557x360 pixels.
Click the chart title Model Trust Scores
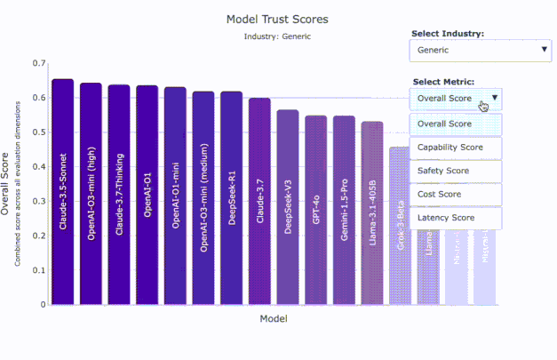[x=277, y=19]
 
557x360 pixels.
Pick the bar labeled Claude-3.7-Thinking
[x=119, y=195]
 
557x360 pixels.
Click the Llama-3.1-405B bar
[x=372, y=212]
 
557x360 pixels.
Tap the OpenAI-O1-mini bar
[x=175, y=196]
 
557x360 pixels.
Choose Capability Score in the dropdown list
[x=456, y=148]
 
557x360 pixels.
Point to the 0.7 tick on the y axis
[x=37, y=64]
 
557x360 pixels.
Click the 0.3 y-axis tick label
[x=37, y=201]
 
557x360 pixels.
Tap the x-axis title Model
[x=274, y=318]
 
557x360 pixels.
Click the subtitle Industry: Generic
[x=277, y=36]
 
